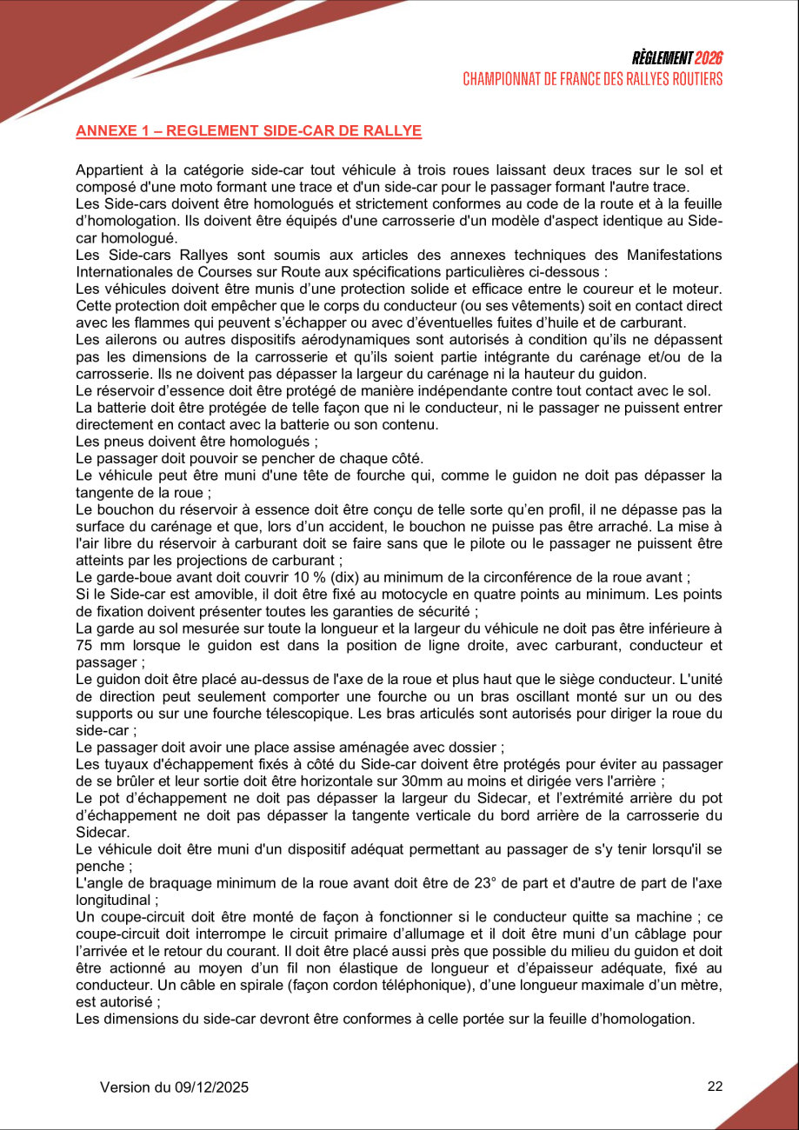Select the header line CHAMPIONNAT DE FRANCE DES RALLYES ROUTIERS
(x=592, y=79)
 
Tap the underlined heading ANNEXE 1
(x=249, y=131)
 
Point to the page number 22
(x=715, y=1087)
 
